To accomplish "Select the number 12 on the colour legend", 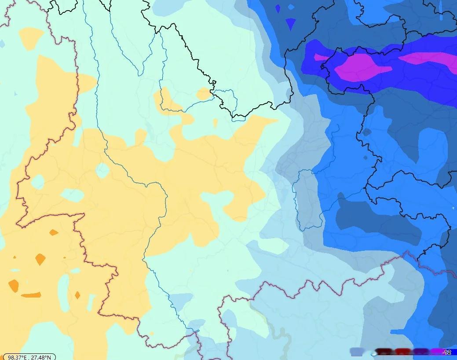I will (447, 352).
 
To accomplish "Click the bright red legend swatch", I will (402, 352).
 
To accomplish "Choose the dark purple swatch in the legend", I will (420, 352).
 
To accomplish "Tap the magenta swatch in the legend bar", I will (436, 352).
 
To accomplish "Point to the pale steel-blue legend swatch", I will (357, 352).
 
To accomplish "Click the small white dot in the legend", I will (373, 353).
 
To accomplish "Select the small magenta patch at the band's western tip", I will (320, 57).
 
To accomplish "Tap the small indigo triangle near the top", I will (290, 23).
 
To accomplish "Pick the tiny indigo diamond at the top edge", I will (278, 8).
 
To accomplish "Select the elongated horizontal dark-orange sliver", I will (31, 295).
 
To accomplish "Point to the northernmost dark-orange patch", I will (54, 232).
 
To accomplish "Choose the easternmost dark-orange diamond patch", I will (77, 295).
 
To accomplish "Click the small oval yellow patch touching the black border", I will (204, 94).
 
